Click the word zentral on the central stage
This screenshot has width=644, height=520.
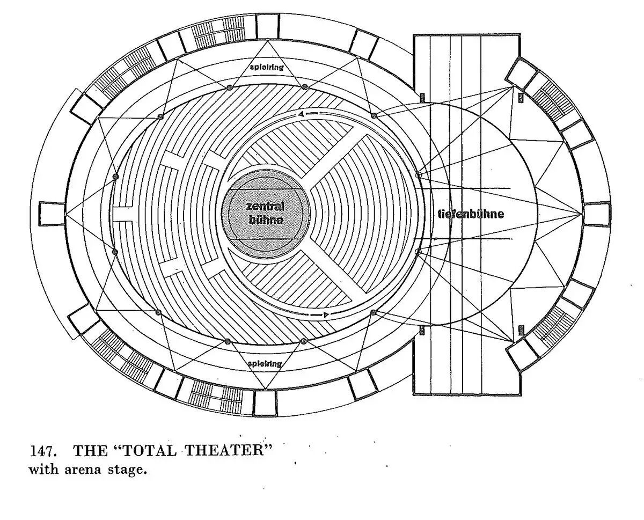click(x=265, y=207)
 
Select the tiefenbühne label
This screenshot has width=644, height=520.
click(x=471, y=214)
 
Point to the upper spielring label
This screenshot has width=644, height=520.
click(x=266, y=68)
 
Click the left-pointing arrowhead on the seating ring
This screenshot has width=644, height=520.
click(x=302, y=114)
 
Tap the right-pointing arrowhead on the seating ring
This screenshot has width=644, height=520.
click(x=326, y=314)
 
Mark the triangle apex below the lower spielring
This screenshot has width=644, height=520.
click(x=266, y=389)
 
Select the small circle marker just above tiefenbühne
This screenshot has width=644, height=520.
click(x=419, y=175)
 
